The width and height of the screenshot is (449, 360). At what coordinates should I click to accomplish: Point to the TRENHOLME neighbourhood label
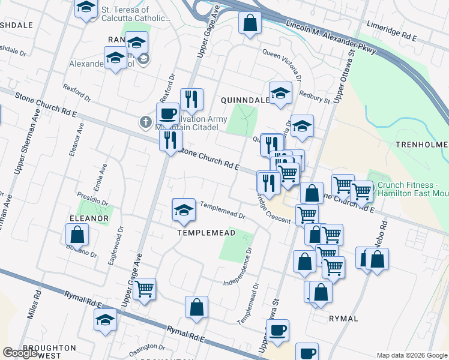[x=422, y=145]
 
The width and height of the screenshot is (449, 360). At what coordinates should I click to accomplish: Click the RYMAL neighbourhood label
[x=344, y=319]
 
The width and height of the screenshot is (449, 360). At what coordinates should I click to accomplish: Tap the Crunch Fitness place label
[x=412, y=191]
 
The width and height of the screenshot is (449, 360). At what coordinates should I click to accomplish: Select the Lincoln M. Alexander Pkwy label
[x=331, y=38]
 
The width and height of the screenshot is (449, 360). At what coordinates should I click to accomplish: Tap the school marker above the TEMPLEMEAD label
[x=184, y=209]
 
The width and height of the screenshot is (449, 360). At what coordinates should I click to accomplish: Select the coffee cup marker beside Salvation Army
[x=167, y=113]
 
